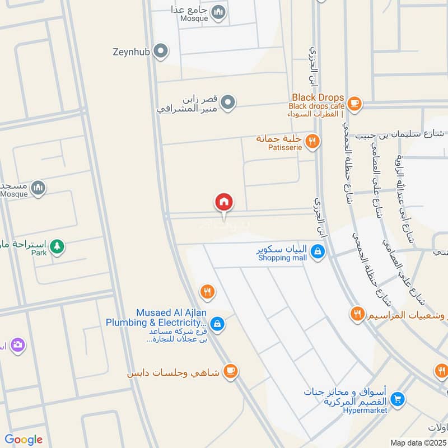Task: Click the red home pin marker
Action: pos(224,202)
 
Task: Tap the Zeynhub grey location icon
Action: pos(161,52)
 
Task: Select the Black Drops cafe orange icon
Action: pos(354,102)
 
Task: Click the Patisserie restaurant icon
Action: pos(313,141)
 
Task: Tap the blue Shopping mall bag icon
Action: pos(318,251)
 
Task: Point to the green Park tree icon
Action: pos(57,245)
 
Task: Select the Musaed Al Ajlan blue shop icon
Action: pos(218,324)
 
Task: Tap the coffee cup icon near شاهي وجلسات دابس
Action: pos(230,371)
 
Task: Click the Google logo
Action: pos(24,440)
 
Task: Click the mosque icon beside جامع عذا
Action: pos(219,11)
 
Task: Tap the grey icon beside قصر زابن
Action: pos(227,102)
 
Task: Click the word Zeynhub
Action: pos(132,52)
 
